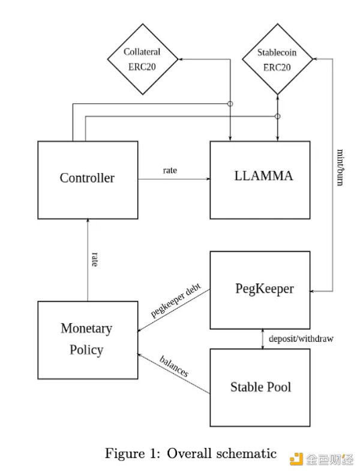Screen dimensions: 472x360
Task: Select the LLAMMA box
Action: point(260,180)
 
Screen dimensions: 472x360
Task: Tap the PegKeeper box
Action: point(260,289)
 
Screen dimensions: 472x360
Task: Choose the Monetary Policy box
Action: point(88,339)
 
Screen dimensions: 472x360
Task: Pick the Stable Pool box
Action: point(260,387)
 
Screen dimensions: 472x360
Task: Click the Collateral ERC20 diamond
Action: point(143,59)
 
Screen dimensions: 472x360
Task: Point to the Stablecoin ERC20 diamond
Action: point(277,59)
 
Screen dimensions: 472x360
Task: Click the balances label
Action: point(174,366)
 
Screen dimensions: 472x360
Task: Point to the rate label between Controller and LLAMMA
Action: point(170,171)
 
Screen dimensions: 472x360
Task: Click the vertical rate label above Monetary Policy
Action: point(95,259)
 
